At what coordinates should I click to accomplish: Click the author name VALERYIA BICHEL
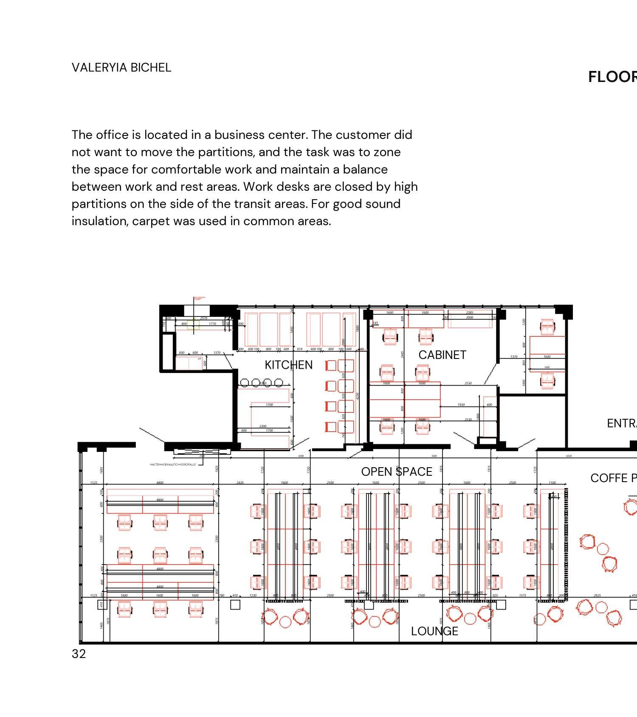click(x=121, y=68)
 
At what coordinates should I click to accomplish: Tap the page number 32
click(x=79, y=654)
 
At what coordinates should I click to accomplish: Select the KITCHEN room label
click(x=288, y=365)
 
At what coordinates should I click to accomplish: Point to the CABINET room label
click(x=442, y=355)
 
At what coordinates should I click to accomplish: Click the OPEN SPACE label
click(x=397, y=471)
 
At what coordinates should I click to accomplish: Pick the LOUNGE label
click(x=434, y=631)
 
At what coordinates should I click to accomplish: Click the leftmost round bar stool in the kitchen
click(x=245, y=383)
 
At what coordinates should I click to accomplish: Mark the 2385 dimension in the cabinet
click(x=470, y=313)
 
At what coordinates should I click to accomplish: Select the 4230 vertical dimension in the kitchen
click(x=358, y=396)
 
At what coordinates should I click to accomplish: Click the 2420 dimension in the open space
click(x=240, y=483)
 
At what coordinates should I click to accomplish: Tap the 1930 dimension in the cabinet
click(x=461, y=405)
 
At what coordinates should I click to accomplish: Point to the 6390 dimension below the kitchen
click(x=301, y=456)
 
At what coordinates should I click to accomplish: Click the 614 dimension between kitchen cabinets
click(x=299, y=349)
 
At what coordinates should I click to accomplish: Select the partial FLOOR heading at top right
click(x=612, y=77)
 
